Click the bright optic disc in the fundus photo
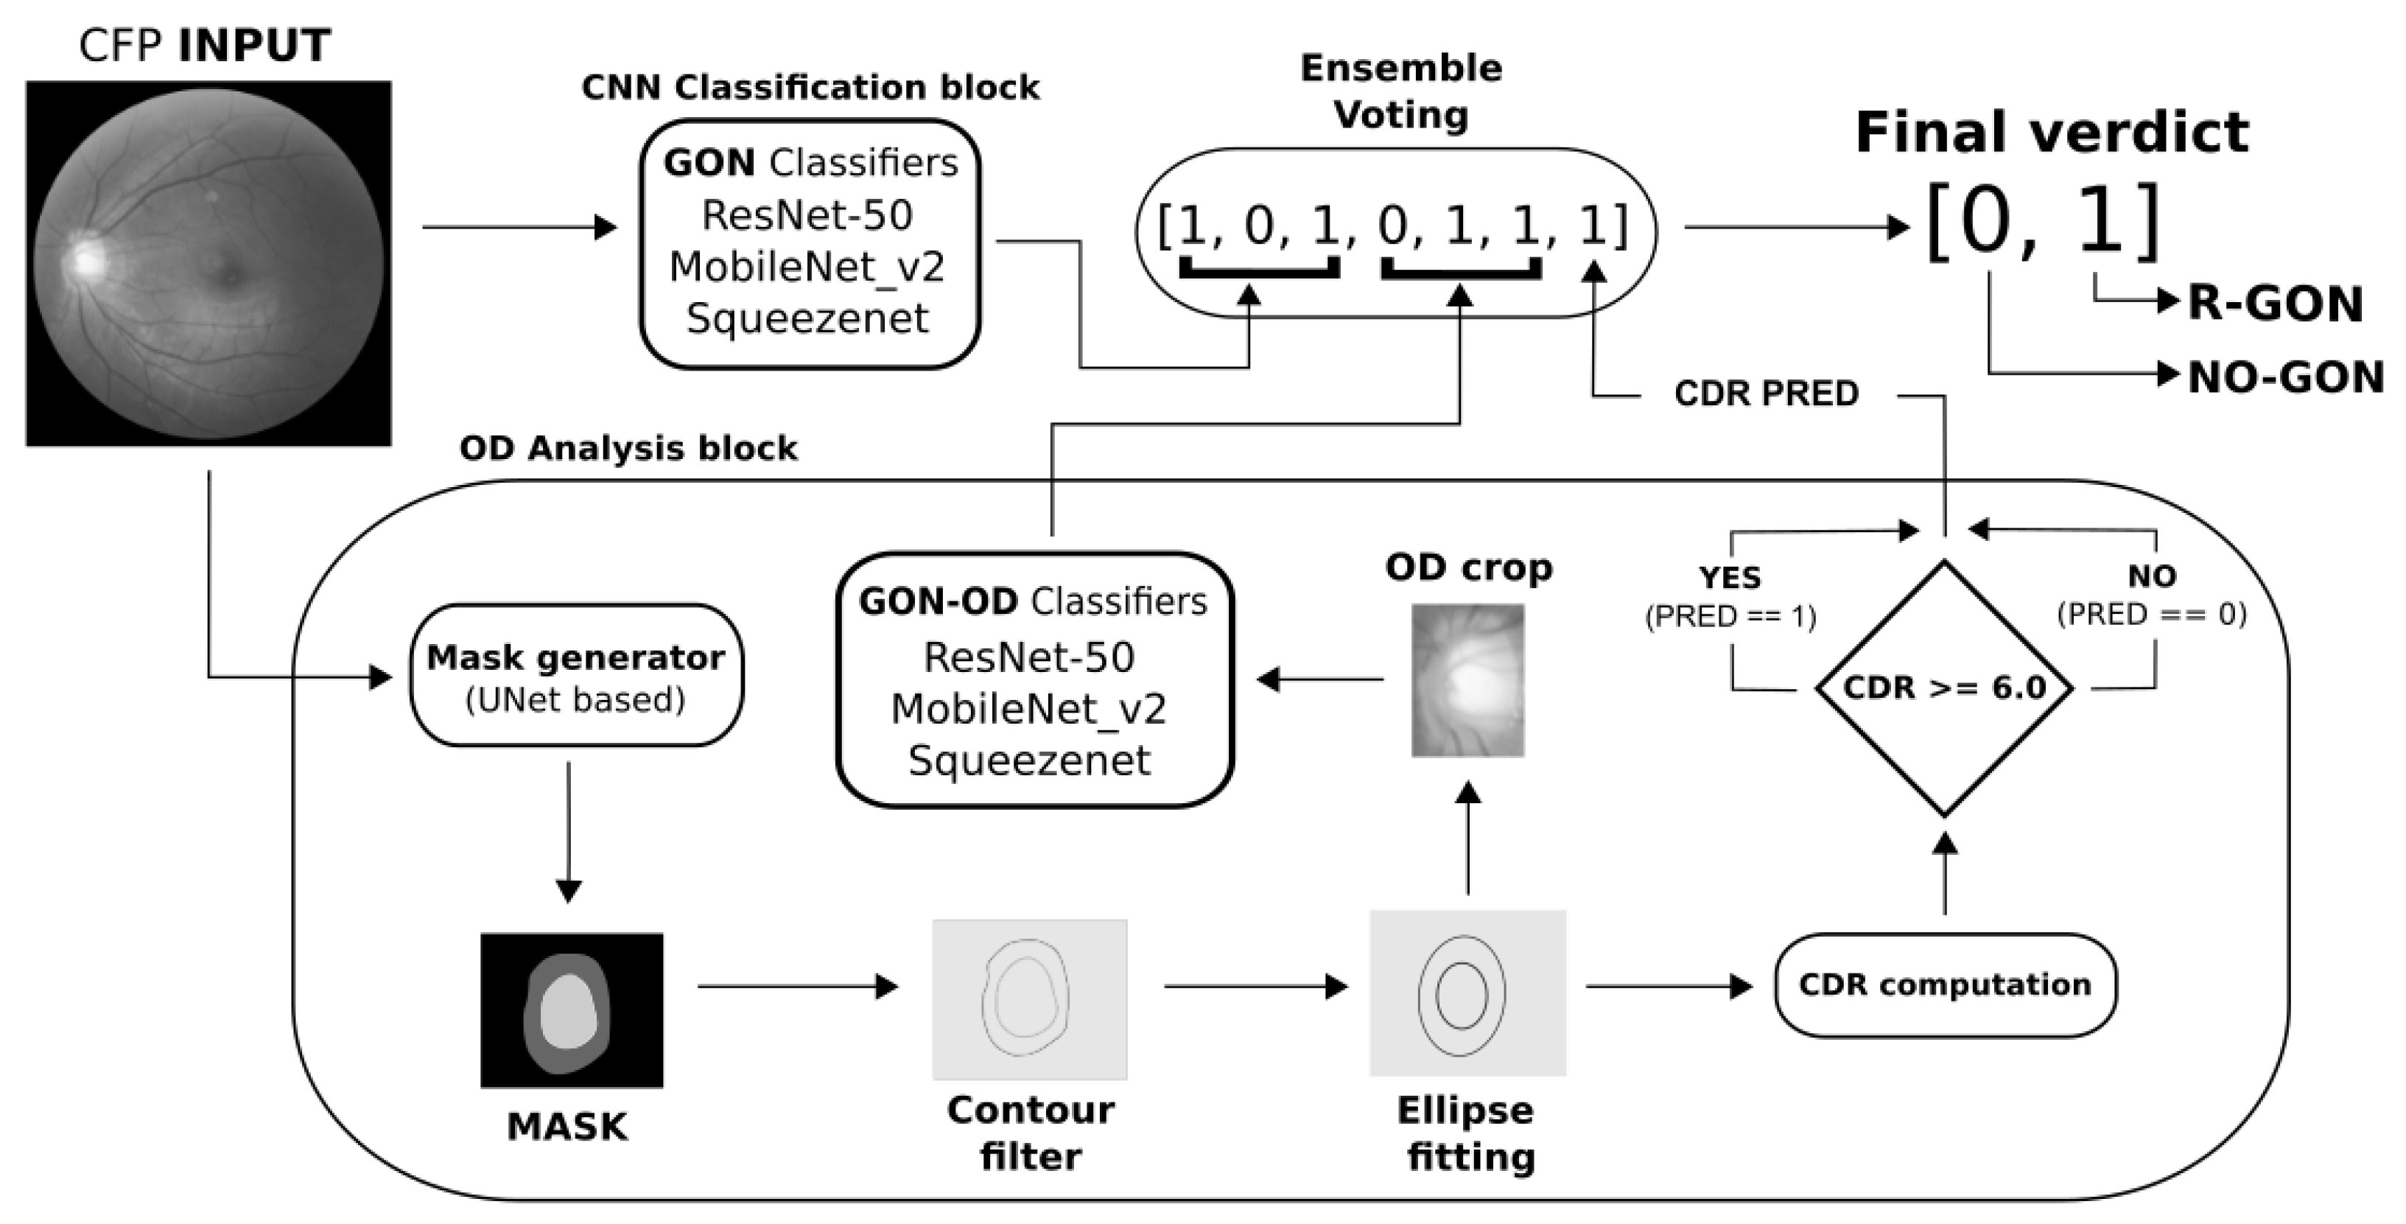tap(88, 259)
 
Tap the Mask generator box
tap(576, 676)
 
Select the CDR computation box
tap(1945, 985)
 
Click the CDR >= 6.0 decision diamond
tap(1945, 688)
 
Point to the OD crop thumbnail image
tap(1467, 680)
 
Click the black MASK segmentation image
tap(572, 1010)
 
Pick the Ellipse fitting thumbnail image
tap(1467, 993)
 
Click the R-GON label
tap(2275, 304)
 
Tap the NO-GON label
tap(2285, 377)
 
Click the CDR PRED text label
tap(1767, 394)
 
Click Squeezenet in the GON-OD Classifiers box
tap(1029, 760)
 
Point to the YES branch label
tap(1730, 578)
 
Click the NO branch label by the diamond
tap(2152, 576)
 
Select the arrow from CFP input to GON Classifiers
tap(519, 227)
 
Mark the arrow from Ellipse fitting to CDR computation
tap(1668, 986)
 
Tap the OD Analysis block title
tap(628, 449)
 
